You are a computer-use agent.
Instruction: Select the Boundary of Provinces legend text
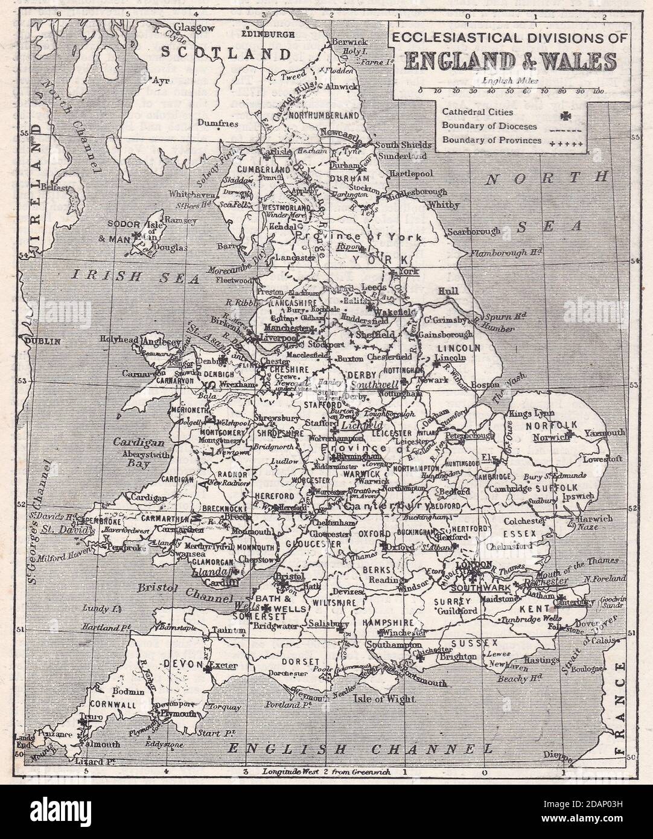[x=489, y=139]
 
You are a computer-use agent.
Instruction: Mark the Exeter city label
[x=223, y=666]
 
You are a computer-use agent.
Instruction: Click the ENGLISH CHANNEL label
[x=360, y=750]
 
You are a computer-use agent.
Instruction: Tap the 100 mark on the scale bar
[x=598, y=92]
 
